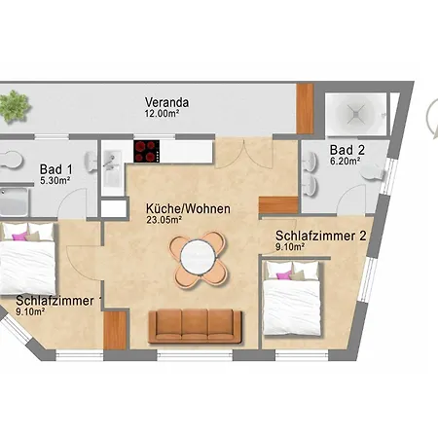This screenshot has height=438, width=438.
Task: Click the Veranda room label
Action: [166, 102]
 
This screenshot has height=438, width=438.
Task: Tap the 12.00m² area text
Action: [162, 114]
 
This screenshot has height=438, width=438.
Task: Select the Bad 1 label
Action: [56, 169]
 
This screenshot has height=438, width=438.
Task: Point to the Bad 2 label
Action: [347, 150]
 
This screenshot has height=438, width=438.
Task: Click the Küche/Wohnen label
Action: [188, 208]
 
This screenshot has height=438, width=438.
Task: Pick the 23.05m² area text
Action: [164, 220]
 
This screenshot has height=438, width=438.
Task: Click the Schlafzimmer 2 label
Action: [321, 236]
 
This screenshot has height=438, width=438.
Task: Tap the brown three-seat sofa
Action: [195, 326]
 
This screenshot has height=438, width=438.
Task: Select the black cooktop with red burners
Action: [147, 151]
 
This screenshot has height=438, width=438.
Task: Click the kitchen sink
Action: [112, 168]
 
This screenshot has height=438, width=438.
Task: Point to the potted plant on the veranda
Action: [15, 106]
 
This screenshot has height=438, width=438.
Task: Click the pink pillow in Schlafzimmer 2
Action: [284, 275]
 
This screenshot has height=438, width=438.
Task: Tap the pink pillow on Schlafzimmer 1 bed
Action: [19, 237]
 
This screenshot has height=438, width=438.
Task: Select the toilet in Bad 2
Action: [372, 172]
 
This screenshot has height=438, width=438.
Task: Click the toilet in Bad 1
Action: [11, 160]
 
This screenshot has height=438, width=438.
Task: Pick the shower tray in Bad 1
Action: [14, 201]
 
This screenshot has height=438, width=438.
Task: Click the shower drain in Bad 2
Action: [356, 113]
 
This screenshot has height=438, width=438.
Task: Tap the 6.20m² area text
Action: [345, 161]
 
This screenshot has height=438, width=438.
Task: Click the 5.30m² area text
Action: [55, 180]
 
